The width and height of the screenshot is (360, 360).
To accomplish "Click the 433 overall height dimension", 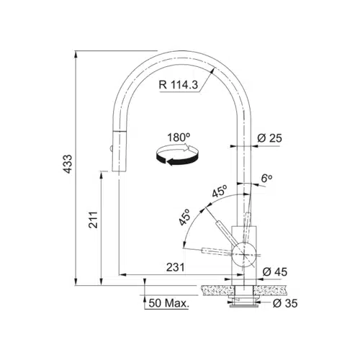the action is tap(68, 164).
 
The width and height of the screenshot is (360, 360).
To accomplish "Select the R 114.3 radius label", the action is tap(179, 85).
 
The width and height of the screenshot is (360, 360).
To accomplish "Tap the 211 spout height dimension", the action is tap(93, 220).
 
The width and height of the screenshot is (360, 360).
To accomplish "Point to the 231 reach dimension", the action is tap(176, 267).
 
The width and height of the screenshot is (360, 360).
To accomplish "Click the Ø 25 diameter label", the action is tap(269, 138).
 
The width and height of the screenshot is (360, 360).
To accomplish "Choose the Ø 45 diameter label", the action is tap(275, 272).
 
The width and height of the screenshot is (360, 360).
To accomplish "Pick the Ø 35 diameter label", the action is tap(285, 303).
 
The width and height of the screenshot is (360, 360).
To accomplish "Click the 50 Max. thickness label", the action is tap(168, 303).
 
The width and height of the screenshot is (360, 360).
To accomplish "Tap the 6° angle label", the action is tap(266, 179).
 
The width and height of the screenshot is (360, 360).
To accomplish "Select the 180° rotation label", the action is tap(179, 138).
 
